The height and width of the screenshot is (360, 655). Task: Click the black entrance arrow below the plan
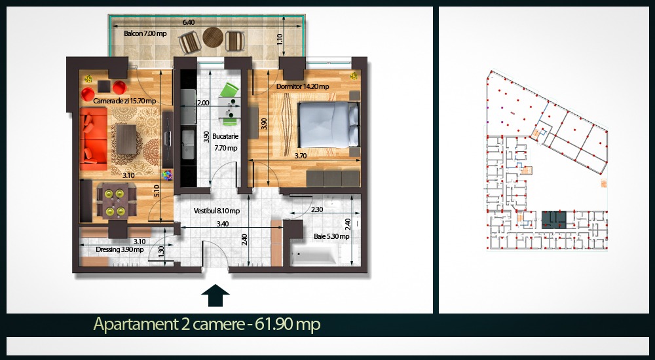(x=215, y=296)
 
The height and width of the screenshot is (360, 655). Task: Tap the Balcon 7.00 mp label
(x=145, y=33)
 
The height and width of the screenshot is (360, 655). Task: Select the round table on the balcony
(x=213, y=37)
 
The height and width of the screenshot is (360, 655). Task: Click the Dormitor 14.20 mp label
(x=303, y=86)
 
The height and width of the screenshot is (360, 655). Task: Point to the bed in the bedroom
(x=328, y=124)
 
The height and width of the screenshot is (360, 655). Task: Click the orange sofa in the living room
(x=93, y=139)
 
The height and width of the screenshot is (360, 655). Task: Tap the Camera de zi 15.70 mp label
(x=124, y=101)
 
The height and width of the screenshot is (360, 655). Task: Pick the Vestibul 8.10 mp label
(x=216, y=211)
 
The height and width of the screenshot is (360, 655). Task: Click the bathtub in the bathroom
(x=314, y=255)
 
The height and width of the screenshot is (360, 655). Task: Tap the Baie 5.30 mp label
(x=331, y=236)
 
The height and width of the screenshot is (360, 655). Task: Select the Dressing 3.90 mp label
(x=119, y=250)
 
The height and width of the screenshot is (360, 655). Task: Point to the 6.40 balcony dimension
(x=188, y=22)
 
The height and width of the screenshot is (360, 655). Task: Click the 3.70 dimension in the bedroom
(x=301, y=156)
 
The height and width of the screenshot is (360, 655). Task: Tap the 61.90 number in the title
(x=272, y=324)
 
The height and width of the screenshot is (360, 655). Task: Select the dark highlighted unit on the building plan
(x=554, y=220)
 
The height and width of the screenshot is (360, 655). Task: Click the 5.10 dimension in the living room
(x=157, y=190)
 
